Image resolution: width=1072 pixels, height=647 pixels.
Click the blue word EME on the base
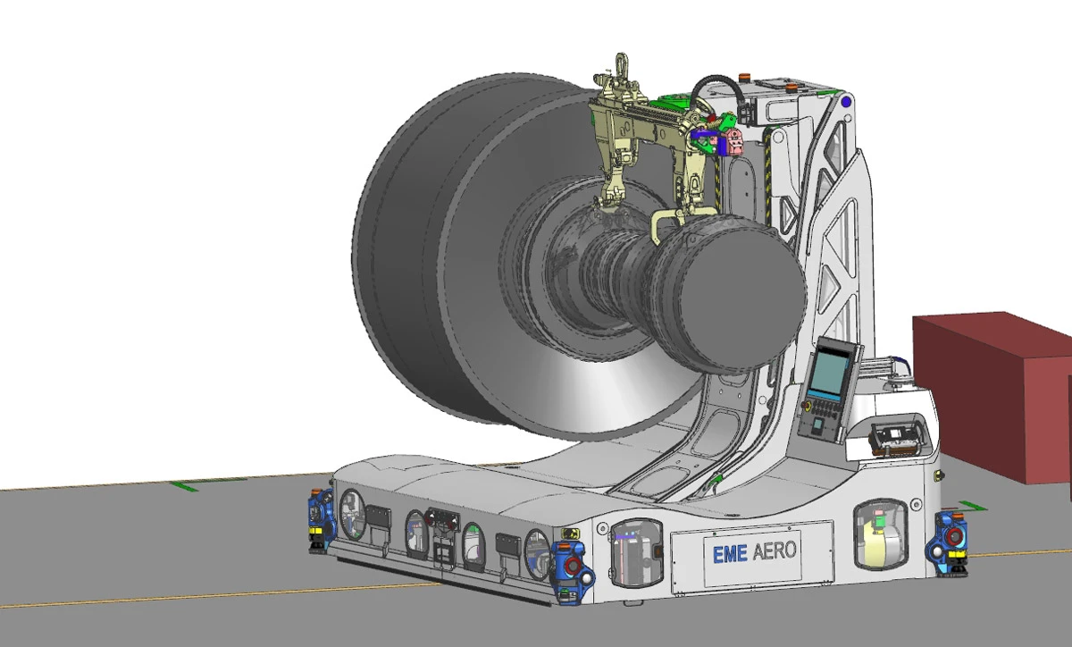pos(730,553)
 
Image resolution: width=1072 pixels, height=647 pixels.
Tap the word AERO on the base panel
pos(775,550)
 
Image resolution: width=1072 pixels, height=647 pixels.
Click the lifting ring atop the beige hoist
pos(622,63)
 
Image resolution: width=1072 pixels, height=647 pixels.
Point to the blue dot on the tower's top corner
pos(846,102)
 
